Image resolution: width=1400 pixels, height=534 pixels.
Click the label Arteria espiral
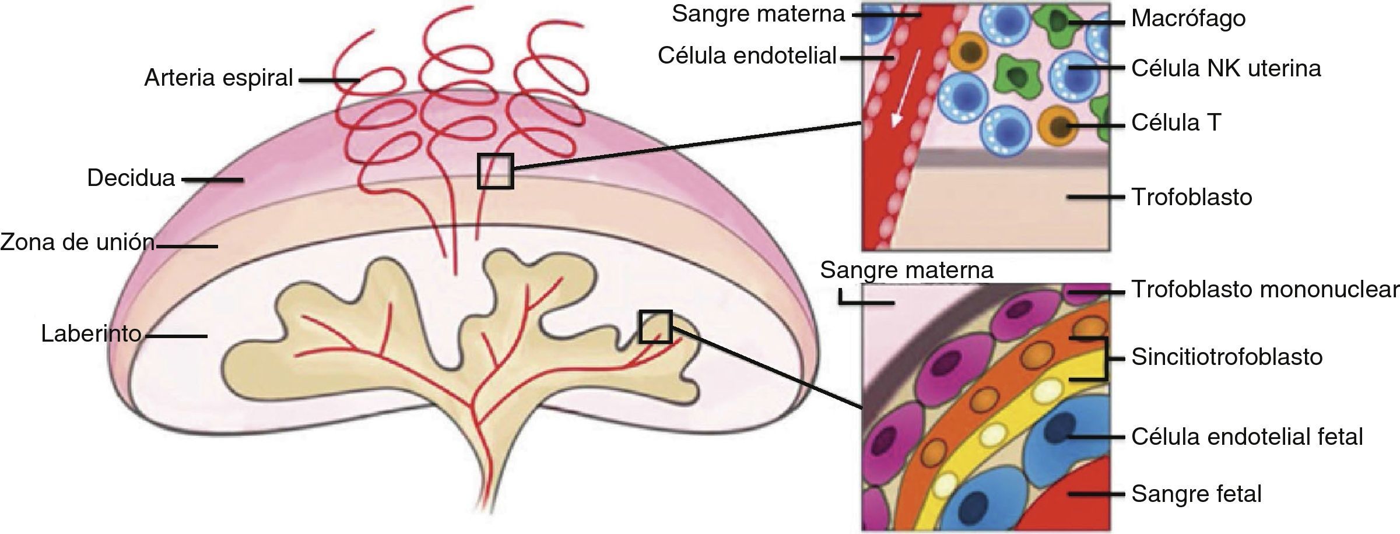coord(218,78)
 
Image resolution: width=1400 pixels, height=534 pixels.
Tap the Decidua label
coord(131,178)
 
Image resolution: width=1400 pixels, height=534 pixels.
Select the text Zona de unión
coord(78,242)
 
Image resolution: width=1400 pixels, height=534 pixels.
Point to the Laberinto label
coord(92,333)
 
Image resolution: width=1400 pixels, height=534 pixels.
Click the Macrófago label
coord(1188,19)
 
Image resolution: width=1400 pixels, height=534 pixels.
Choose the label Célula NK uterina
coord(1226,69)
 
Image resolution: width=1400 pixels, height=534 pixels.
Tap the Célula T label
coord(1176,123)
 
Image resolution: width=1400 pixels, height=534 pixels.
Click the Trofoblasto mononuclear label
coord(1265,290)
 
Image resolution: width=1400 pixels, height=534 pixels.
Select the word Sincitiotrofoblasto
coord(1227,357)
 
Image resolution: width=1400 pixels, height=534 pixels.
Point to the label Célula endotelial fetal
coord(1247,437)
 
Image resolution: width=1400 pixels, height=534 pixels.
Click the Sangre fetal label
coord(1196,494)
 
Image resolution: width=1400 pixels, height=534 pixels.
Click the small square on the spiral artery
coord(495,171)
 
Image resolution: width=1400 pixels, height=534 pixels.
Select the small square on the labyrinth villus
coord(655,326)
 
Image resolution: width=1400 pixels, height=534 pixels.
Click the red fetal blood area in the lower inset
coord(1073,501)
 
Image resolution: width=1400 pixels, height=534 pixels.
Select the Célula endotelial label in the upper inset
coord(747,56)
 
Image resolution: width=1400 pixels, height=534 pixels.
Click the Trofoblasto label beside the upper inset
coord(1191,198)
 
